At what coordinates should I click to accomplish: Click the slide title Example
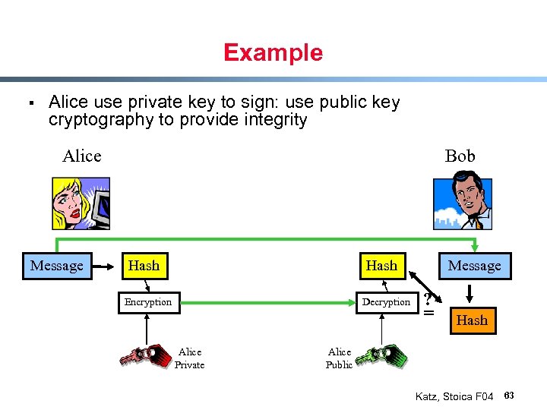[x=273, y=52]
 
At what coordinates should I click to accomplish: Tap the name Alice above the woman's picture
[x=81, y=156]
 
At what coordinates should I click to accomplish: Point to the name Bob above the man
[x=460, y=156]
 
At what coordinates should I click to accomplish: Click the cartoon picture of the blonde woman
[x=81, y=203]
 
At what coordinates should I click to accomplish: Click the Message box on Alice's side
[x=57, y=266]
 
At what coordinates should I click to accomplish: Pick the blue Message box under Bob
[x=474, y=266]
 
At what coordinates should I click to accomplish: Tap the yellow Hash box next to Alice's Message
[x=144, y=266]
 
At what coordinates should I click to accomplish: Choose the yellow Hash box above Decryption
[x=381, y=266]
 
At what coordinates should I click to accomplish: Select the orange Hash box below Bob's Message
[x=472, y=320]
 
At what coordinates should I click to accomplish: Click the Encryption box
[x=148, y=302]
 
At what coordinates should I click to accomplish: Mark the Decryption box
[x=386, y=302]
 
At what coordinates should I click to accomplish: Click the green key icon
[x=381, y=355]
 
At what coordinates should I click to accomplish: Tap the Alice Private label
[x=189, y=358]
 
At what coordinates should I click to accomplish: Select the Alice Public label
[x=339, y=358]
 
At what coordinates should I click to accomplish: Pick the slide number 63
[x=509, y=396]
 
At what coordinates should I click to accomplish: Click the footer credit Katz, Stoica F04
[x=454, y=396]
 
